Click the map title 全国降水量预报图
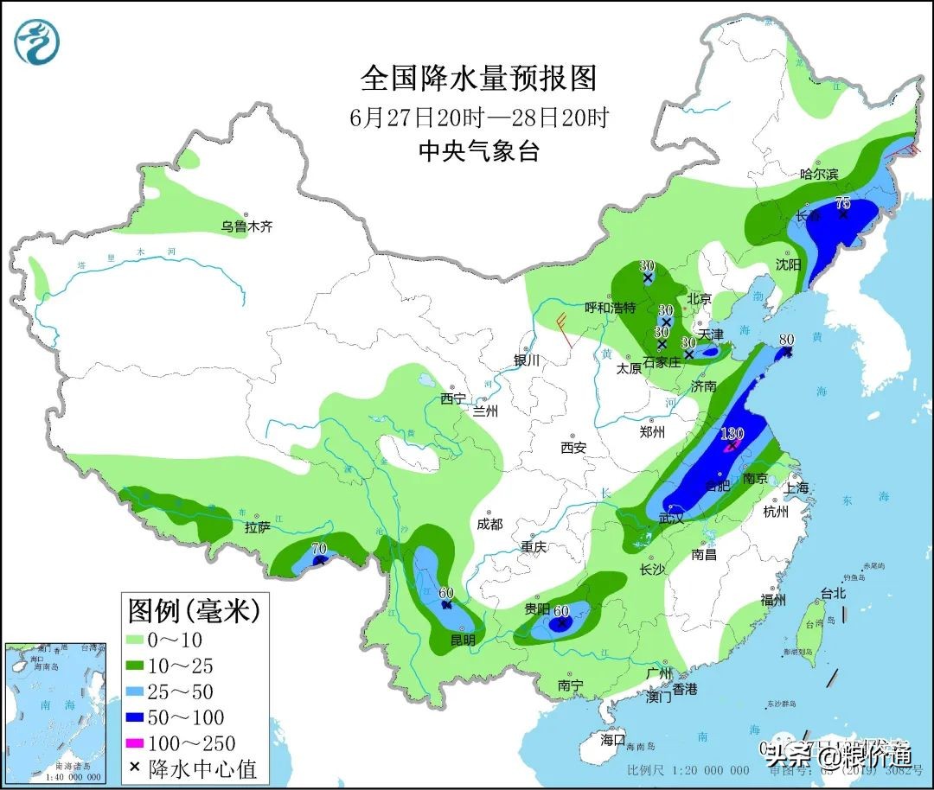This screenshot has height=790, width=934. pos(478,79)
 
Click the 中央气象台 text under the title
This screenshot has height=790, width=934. pos(478,151)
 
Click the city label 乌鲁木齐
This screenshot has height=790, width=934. pos(246,226)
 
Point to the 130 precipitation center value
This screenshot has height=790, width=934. pos(732,434)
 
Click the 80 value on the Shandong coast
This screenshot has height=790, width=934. pos(786,340)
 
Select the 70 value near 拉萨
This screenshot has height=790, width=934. pos(318,548)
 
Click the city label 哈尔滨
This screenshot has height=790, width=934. pos(818,174)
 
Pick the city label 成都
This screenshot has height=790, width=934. pos(489,524)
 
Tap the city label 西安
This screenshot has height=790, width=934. pos(573,447)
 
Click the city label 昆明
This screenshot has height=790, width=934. pos(463,640)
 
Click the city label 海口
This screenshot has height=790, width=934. pos(613,740)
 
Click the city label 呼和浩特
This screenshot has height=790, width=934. pos(610,308)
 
